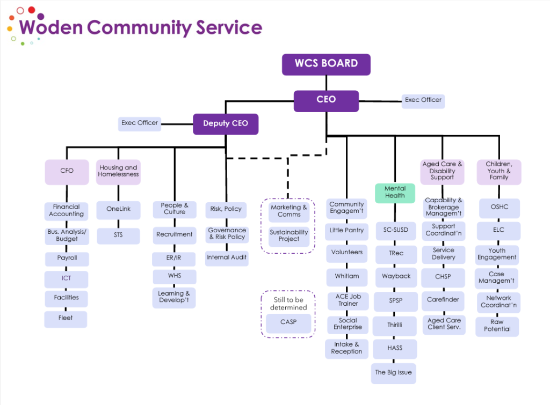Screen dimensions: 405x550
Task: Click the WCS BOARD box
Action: (x=326, y=64)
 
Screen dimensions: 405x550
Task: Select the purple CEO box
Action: (x=326, y=100)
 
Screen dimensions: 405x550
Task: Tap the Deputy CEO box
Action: (x=226, y=124)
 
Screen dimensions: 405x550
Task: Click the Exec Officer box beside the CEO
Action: (x=423, y=100)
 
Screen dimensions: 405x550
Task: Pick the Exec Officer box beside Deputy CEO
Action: (x=140, y=123)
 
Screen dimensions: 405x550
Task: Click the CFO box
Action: (x=67, y=172)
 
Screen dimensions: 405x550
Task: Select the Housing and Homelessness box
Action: (x=118, y=172)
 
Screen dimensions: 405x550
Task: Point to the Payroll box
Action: (x=67, y=259)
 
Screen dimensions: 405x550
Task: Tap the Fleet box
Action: (x=66, y=319)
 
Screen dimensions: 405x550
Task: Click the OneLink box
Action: (x=118, y=210)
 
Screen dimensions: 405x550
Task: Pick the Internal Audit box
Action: (x=227, y=258)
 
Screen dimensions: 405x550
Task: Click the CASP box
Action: (x=288, y=323)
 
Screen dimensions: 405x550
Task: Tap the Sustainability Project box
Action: (x=289, y=236)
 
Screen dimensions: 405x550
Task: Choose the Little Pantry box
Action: (x=346, y=231)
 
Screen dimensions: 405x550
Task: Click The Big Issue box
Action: (x=394, y=373)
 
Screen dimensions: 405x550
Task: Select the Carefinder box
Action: (x=443, y=300)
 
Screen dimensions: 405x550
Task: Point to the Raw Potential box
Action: (x=497, y=326)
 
